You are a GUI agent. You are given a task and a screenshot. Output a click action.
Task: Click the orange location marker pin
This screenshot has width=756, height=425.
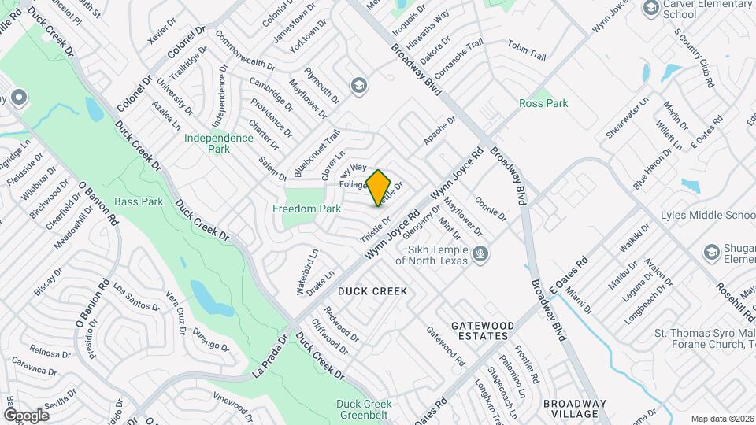click(x=379, y=187)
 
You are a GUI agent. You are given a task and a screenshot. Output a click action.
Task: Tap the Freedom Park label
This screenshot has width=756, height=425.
click(x=306, y=209)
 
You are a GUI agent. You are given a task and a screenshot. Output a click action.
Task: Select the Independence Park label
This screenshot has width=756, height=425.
click(x=219, y=143)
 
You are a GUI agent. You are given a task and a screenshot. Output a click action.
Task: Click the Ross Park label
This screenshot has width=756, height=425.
click(x=543, y=103)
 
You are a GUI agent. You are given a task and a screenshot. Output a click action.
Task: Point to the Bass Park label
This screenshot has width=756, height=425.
click(x=139, y=201)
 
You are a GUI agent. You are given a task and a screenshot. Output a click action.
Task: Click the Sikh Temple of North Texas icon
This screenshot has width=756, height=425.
click(x=480, y=253)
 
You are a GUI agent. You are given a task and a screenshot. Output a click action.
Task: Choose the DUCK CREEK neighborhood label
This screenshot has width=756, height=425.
click(x=372, y=291)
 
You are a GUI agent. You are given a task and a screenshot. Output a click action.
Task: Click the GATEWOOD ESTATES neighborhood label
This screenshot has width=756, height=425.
click(x=483, y=331)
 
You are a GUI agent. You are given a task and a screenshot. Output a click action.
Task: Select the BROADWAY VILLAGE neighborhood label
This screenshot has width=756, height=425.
click(x=575, y=409)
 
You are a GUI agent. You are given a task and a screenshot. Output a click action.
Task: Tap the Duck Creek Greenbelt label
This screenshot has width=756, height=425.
click(x=364, y=409)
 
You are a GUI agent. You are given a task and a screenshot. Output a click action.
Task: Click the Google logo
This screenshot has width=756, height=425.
click(x=26, y=415)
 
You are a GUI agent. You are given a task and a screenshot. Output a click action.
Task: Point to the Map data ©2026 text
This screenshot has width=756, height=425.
click(x=721, y=419)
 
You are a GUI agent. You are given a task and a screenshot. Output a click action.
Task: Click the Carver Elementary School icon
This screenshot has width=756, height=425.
click(x=651, y=8)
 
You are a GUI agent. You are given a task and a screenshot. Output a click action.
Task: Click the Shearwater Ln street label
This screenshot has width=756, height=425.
click(x=627, y=117)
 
